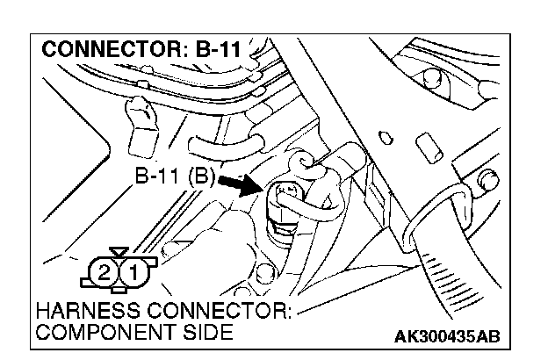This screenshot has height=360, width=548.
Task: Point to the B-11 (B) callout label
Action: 175,176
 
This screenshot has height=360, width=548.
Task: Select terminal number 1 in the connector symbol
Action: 133,271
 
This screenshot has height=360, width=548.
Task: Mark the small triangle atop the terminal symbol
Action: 119,253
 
